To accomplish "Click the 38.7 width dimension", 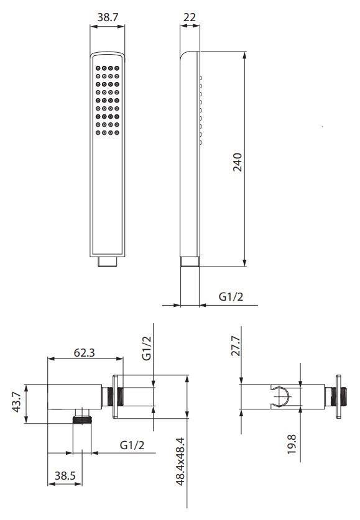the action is (108, 17).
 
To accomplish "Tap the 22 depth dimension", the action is (190, 17).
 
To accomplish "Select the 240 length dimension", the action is (238, 162).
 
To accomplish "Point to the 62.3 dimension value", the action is (85, 352).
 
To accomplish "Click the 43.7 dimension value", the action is (17, 402).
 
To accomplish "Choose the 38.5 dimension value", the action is (65, 476).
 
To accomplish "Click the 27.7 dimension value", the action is (236, 345).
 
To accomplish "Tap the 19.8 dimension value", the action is (292, 444).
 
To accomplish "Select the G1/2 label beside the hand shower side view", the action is (231, 296).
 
